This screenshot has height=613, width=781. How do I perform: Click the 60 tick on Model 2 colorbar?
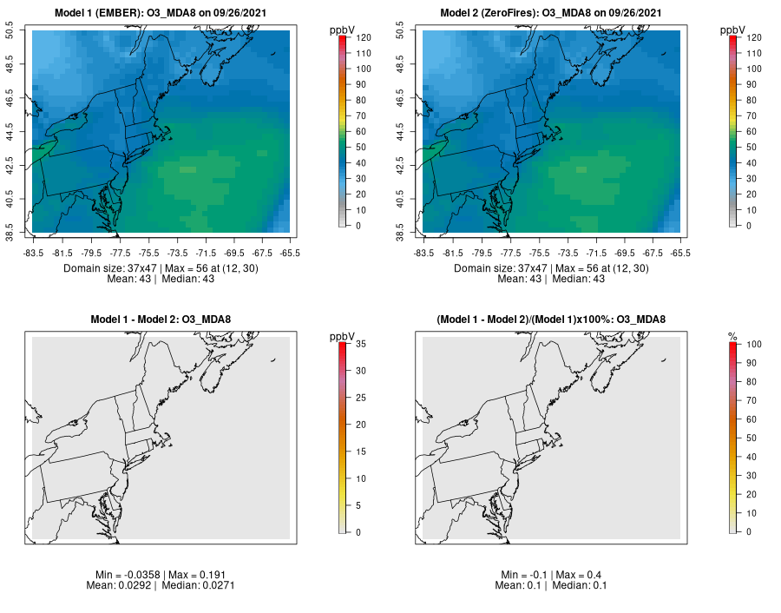click(749, 131)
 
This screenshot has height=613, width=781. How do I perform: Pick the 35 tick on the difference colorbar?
click(358, 344)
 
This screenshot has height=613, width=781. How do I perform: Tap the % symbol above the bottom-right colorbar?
click(732, 336)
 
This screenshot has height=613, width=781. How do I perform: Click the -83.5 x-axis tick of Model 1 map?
click(34, 253)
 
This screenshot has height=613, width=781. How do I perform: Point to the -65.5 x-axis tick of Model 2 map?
click(680, 253)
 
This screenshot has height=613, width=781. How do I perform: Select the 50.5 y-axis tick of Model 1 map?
click(21, 32)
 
